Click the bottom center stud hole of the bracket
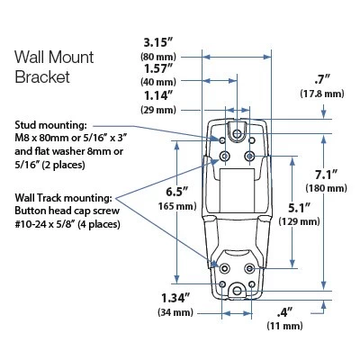coord(237,287)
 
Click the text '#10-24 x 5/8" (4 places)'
coord(63,226)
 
